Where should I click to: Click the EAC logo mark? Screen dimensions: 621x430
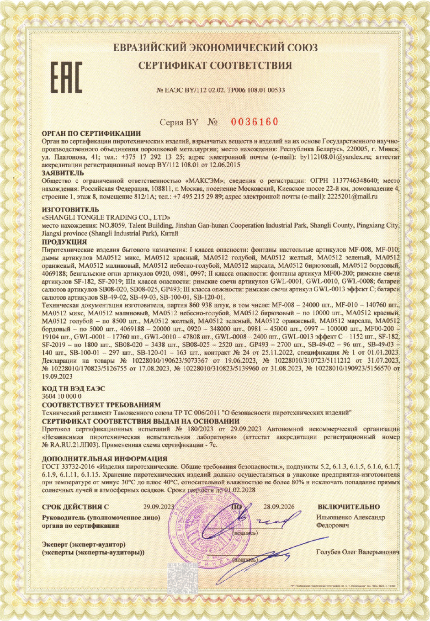66,78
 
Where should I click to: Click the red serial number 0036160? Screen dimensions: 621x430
254,122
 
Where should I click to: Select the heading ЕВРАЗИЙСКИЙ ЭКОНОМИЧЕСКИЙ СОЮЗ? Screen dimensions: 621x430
215,48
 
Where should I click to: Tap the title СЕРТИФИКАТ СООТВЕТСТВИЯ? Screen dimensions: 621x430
215,65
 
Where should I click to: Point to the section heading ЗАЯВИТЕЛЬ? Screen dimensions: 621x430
63,173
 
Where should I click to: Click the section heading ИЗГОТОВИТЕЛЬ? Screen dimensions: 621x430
67,210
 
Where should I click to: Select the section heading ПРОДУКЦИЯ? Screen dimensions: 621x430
64,242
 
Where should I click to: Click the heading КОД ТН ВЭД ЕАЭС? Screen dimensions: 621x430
73,388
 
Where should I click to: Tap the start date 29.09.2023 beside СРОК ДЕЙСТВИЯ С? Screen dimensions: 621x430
159,506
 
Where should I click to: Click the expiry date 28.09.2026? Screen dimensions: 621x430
279,506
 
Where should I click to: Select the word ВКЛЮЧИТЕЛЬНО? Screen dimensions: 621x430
349,506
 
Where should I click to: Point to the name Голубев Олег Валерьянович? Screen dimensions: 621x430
357,552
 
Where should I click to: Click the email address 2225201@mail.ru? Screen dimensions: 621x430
351,196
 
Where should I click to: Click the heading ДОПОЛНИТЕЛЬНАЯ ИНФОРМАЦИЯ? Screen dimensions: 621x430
104,458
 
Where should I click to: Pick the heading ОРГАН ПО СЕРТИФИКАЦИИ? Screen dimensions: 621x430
91,133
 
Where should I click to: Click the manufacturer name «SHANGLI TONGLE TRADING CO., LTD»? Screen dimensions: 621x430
106,218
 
